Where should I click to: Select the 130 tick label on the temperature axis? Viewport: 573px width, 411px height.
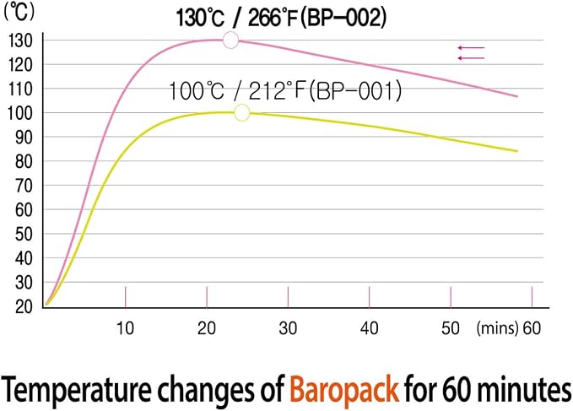(x=20, y=41)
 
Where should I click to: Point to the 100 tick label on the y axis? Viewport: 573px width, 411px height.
(x=20, y=113)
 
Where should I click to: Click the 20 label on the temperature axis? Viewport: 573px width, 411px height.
(x=24, y=306)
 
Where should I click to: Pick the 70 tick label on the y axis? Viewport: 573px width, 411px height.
(x=24, y=186)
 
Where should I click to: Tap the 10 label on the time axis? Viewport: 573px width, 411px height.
(x=125, y=328)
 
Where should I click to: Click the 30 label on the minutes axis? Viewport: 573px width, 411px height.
(x=288, y=328)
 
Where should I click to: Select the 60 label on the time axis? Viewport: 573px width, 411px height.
(x=532, y=328)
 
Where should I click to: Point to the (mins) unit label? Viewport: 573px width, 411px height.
(x=497, y=328)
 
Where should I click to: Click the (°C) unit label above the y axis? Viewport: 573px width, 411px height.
(x=19, y=12)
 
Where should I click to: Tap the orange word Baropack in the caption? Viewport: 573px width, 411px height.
(x=344, y=389)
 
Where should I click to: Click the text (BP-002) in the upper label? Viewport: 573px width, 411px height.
(x=343, y=18)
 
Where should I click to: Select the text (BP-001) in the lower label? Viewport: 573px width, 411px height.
(x=355, y=91)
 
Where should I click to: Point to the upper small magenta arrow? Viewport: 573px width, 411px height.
(x=471, y=47)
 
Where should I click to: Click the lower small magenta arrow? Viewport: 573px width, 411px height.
(x=471, y=58)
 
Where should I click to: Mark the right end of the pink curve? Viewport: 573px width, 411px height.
(x=517, y=96)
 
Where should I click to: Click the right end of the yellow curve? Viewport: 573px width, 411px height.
(x=517, y=151)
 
